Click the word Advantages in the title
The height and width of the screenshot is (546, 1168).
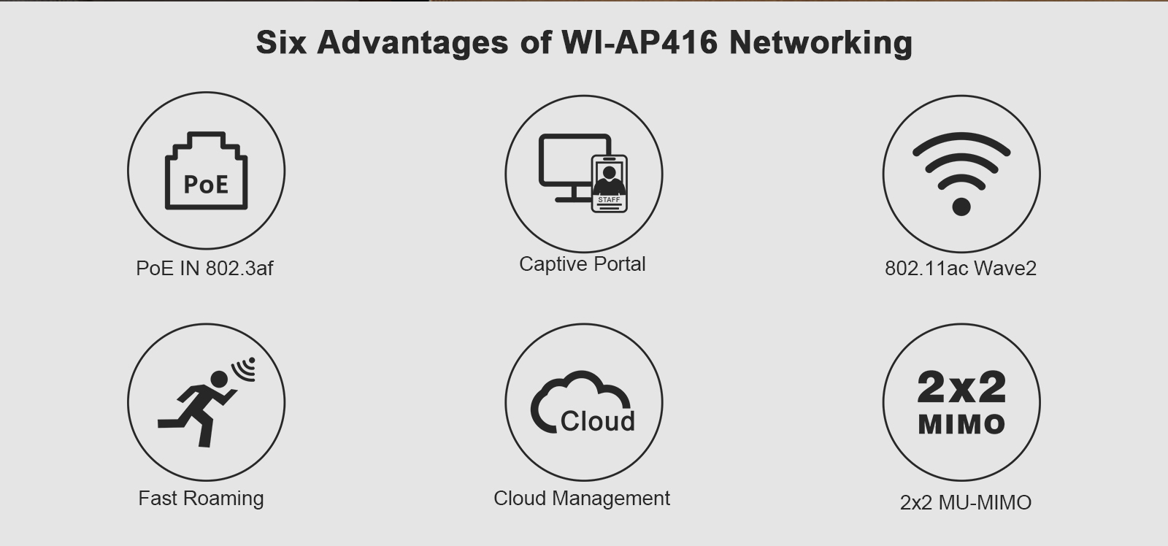point(412,42)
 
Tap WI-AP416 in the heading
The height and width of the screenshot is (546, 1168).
point(639,42)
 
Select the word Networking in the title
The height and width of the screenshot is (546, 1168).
point(821,42)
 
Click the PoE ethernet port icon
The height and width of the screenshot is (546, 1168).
point(206,172)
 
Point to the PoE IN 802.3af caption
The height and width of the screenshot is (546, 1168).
point(204,269)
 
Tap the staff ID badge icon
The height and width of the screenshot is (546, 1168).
point(609,183)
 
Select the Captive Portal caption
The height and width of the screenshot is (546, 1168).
point(582,264)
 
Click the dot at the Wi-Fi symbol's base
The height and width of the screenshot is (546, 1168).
point(961,207)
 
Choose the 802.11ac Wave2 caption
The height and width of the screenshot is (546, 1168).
point(960,269)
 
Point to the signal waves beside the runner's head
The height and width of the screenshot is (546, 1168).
point(246,369)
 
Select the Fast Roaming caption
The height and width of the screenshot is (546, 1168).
point(201,499)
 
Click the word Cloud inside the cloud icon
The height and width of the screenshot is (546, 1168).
point(597,421)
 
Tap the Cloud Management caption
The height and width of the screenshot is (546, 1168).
point(581,499)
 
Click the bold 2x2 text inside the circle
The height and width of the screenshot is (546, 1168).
point(961,387)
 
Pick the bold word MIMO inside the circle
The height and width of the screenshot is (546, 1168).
point(961,424)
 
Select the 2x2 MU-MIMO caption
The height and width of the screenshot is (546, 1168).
point(965,503)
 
